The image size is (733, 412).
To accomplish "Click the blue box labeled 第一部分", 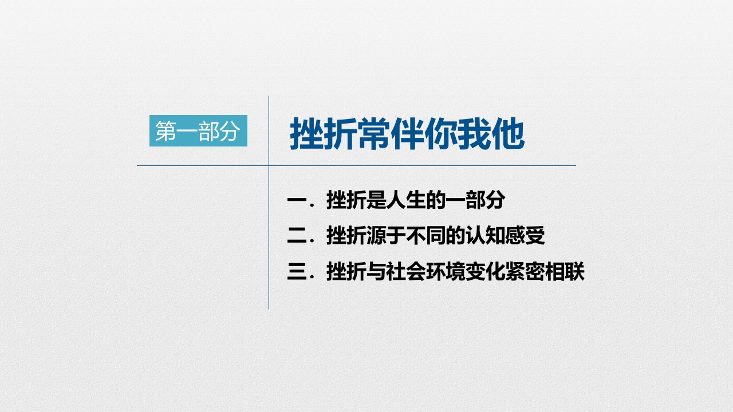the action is coord(198,131).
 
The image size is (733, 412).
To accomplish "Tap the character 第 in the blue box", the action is coord(165,131).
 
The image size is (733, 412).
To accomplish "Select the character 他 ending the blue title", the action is coord(508,134).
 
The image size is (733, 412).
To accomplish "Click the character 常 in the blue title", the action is coord(374,134).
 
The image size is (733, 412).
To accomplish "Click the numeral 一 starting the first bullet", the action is coord(297,200).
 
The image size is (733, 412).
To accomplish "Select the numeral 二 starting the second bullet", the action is coord(297,235).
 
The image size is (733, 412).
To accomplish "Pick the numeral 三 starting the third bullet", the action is coord(297,271).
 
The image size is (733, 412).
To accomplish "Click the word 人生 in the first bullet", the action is coord(406,200).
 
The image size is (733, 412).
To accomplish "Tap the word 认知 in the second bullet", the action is coord(485,235).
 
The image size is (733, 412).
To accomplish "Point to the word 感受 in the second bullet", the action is coord(525,235).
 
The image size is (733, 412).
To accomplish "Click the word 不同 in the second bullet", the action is coord(425,235).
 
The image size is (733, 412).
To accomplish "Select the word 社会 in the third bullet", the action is coord(406,271).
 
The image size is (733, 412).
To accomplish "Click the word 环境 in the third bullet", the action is coord(446,271).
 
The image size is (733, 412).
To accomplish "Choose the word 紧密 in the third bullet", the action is coord(525,271).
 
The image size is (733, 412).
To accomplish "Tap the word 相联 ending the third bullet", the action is coord(565,271).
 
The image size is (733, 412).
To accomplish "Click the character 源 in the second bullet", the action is coord(376,235).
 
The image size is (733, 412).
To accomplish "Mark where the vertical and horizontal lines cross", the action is coord(269,166).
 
